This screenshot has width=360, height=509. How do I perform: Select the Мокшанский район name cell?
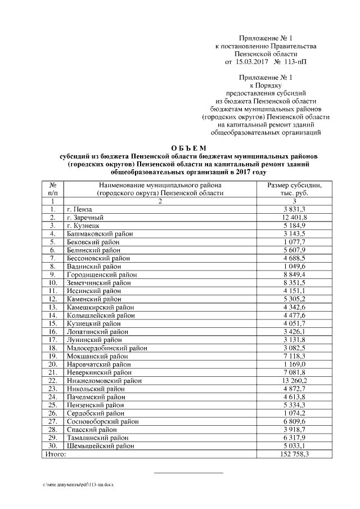coord(97,356)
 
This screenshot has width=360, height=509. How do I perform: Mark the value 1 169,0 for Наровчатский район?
coord(294,364)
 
